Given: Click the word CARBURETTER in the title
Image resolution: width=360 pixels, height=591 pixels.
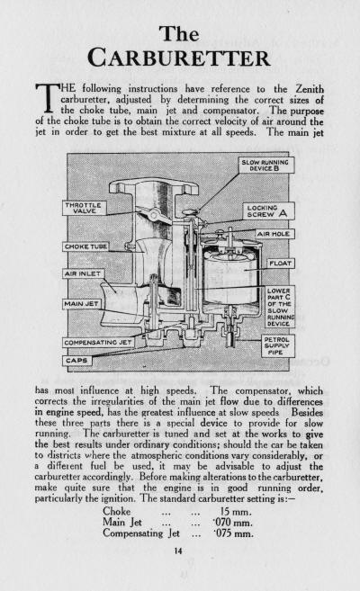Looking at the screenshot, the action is click(x=180, y=58).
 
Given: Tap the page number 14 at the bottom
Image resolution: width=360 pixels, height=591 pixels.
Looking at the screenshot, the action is click(x=180, y=570).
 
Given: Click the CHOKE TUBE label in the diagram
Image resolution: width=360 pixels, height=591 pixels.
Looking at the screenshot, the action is click(x=85, y=246).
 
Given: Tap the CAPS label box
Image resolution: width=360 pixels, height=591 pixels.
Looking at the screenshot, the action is click(x=77, y=360).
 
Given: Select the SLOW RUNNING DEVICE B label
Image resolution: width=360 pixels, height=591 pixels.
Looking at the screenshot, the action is click(x=267, y=166).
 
